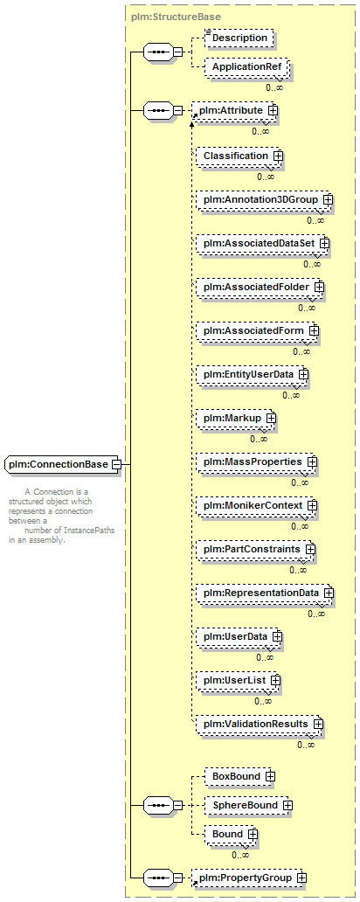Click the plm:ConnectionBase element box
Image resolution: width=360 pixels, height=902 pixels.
[x=62, y=463]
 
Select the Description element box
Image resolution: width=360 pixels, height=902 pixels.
[x=239, y=38]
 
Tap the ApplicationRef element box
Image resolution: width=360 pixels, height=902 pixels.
[x=246, y=67]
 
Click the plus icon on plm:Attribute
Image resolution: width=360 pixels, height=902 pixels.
[x=273, y=110]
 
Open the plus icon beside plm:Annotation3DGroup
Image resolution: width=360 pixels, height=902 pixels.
[x=329, y=199]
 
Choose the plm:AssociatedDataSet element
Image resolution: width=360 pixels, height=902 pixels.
[x=262, y=243]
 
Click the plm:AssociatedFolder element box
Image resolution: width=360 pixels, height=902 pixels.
[x=260, y=287]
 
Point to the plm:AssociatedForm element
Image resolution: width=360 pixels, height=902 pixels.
[x=257, y=330]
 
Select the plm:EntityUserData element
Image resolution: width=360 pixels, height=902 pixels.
[x=252, y=374]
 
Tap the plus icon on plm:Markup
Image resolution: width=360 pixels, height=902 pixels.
[x=270, y=418]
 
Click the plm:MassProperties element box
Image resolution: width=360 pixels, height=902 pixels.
[x=257, y=462]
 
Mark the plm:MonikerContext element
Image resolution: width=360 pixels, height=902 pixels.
[x=257, y=506]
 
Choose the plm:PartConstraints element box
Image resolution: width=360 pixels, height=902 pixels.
[x=255, y=550]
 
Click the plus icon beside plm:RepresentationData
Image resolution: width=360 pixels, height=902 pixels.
[x=329, y=593]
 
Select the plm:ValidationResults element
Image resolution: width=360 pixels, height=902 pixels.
[x=260, y=725]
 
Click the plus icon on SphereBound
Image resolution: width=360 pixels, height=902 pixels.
[x=287, y=805]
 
